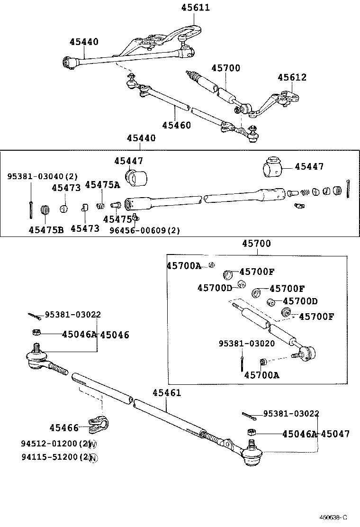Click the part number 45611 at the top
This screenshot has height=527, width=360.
click(x=195, y=8)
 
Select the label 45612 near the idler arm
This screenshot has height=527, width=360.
click(x=292, y=77)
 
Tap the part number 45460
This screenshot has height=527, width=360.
click(x=176, y=125)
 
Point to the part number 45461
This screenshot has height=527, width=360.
click(x=167, y=393)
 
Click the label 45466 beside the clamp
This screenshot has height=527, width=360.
click(x=64, y=428)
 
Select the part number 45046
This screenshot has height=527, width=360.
click(x=114, y=335)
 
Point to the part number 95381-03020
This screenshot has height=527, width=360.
click(x=246, y=343)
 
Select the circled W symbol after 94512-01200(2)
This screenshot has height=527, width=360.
click(x=93, y=445)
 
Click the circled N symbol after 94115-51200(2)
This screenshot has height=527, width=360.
click(x=93, y=457)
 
